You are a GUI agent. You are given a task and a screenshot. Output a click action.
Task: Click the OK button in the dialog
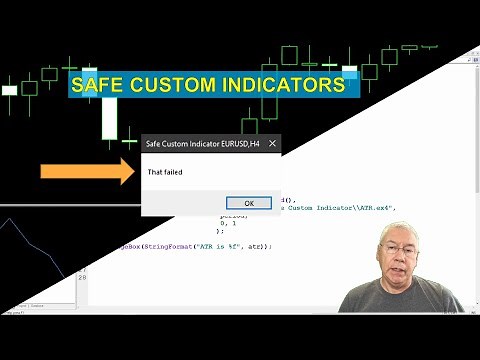(249, 203)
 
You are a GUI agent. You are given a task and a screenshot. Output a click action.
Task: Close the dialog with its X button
(273, 144)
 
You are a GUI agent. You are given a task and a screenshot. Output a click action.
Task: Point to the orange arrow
(86, 171)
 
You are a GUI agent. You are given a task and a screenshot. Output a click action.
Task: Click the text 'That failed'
(165, 172)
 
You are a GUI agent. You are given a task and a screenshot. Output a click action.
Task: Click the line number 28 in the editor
(83, 277)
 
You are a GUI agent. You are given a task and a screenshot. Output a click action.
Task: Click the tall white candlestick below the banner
(108, 120)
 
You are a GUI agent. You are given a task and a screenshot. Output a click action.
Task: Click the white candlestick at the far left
(10, 90)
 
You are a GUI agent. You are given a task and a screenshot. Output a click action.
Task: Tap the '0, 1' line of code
(228, 223)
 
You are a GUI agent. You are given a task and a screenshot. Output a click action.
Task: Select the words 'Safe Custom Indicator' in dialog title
(184, 144)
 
